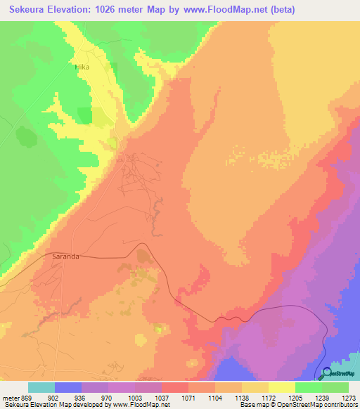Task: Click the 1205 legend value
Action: click(296, 397)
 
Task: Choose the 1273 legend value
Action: click(349, 397)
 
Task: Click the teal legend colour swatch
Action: click(41, 387)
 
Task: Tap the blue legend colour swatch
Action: click(67, 387)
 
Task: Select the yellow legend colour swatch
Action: click(281, 387)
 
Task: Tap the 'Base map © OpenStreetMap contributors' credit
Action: click(298, 405)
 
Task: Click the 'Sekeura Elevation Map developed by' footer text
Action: click(47, 405)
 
